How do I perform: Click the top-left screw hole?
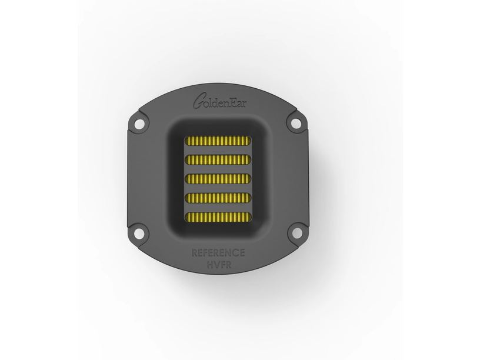tap(138, 124)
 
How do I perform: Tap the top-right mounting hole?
tap(292, 124)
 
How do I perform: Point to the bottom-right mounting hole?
tap(292, 234)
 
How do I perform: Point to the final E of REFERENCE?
tap(241, 254)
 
